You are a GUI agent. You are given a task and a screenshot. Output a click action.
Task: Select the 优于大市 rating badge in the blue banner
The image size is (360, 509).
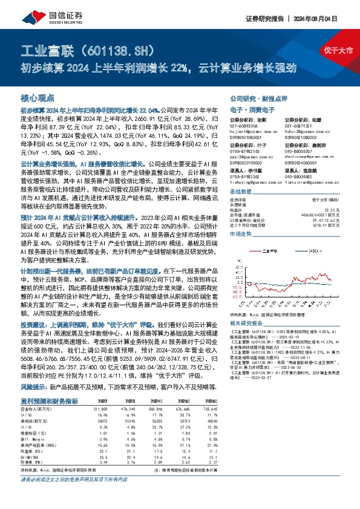(342, 50)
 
